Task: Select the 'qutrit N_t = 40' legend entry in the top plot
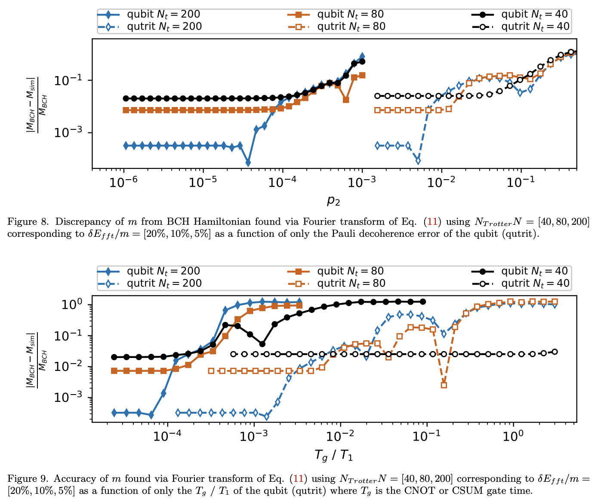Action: click(x=535, y=27)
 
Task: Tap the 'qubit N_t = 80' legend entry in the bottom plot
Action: click(x=350, y=271)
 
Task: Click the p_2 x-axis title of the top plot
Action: click(x=333, y=200)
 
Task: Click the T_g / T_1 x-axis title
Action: click(x=333, y=455)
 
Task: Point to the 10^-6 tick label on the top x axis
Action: click(x=124, y=182)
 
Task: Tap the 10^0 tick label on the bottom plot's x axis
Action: click(x=513, y=437)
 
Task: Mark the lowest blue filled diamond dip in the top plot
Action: click(x=248, y=163)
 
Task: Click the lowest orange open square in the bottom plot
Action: click(x=444, y=385)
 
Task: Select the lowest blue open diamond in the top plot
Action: click(x=418, y=161)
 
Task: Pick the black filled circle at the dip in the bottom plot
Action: click(x=262, y=344)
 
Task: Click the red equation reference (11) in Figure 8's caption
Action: click(x=433, y=222)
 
